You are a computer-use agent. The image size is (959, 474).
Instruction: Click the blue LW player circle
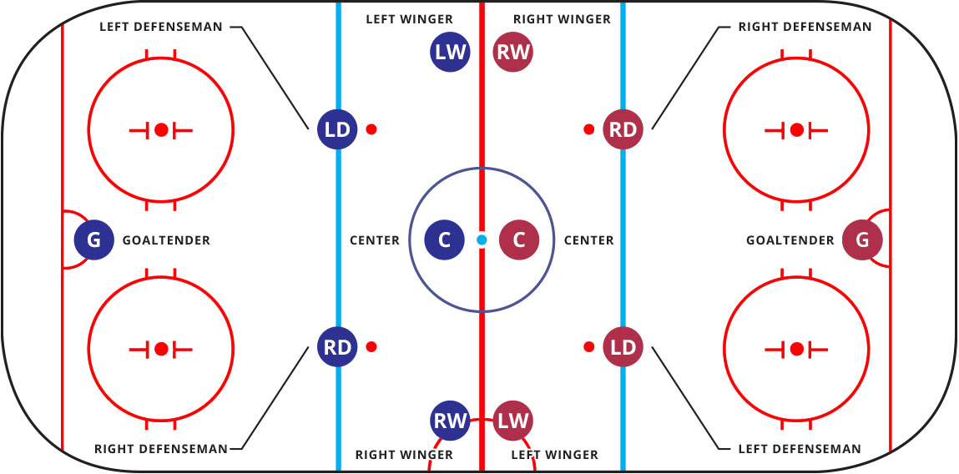click(450, 52)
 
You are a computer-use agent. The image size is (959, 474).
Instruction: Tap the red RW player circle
click(513, 52)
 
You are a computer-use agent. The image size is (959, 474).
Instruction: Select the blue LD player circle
click(337, 129)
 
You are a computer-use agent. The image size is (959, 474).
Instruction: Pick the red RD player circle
click(623, 129)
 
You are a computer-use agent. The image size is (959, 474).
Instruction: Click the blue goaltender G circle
click(94, 240)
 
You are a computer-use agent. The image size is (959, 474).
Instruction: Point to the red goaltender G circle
click(862, 240)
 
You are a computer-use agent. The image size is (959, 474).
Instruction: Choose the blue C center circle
click(445, 240)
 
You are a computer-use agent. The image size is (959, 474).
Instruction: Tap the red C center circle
click(519, 240)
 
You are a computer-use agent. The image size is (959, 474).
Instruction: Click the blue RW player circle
click(450, 421)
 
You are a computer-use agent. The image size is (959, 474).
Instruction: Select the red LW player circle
click(513, 421)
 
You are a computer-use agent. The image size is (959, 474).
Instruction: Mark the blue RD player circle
click(337, 347)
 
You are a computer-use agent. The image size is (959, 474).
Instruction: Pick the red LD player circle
click(623, 347)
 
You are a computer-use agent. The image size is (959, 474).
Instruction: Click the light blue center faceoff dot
click(482, 240)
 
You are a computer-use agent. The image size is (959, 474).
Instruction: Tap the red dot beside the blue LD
click(371, 129)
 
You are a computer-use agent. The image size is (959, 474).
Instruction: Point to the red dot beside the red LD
click(589, 347)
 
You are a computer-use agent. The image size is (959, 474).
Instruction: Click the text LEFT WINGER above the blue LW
click(409, 19)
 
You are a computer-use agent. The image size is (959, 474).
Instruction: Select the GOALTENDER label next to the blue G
click(166, 240)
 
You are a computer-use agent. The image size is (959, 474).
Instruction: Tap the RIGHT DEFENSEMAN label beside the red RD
click(805, 27)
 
